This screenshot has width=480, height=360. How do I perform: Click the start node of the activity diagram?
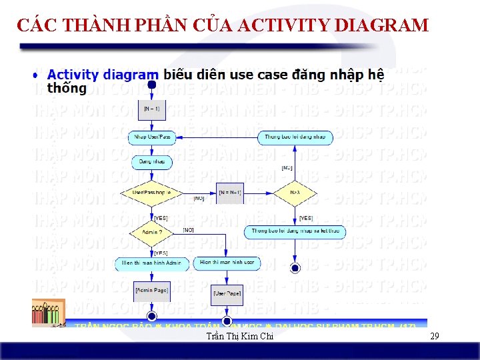click(x=152, y=85)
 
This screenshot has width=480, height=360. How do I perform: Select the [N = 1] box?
click(x=151, y=109)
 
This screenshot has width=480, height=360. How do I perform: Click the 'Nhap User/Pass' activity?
click(x=152, y=137)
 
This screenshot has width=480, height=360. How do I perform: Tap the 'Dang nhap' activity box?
click(x=152, y=162)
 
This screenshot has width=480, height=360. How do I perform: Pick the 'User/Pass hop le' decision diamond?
click(x=152, y=192)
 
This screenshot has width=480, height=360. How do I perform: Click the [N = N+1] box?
click(x=231, y=193)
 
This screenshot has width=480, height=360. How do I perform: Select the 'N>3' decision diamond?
click(x=295, y=192)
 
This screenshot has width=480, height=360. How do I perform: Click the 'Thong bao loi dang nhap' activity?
click(x=295, y=137)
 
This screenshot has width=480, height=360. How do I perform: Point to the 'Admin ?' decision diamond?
click(x=152, y=233)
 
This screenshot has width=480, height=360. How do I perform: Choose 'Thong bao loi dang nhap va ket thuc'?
click(x=295, y=232)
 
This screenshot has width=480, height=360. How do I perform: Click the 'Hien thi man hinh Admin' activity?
click(x=152, y=263)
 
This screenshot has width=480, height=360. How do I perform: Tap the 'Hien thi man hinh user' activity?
click(x=227, y=263)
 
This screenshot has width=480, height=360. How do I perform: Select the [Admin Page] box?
click(x=152, y=291)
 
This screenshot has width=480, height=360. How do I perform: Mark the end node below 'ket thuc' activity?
click(x=295, y=268)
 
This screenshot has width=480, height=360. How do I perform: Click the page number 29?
click(x=435, y=336)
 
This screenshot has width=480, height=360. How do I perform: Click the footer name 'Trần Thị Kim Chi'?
click(x=240, y=337)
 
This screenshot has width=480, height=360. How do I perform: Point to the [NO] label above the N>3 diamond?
click(x=287, y=168)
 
